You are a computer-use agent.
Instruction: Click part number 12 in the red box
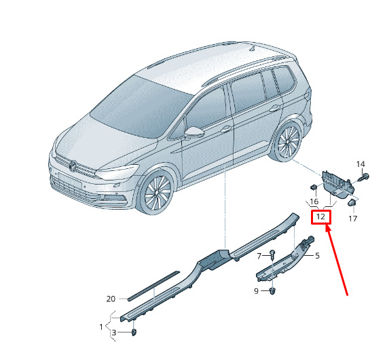pos(320,216)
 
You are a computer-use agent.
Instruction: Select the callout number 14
pos(361,164)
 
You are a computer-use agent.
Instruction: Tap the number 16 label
pos(314,202)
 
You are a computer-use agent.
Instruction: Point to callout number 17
pos(352,218)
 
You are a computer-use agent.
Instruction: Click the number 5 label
pos(317,256)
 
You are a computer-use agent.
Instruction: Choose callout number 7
pos(259,256)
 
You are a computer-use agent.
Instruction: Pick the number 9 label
pos(256,291)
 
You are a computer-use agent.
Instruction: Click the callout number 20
pos(111,299)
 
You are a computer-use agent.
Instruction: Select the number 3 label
pos(114,332)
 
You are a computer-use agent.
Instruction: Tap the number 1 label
pos(101,327)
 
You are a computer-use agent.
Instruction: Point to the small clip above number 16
pos(314,187)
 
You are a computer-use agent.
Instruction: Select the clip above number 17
pos(352,203)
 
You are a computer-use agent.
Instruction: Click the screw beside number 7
pos(272,254)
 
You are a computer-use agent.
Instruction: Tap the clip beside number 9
pos(272,290)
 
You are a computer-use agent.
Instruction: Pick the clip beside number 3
pos(134,332)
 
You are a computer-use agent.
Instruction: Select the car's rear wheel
pos(288,141)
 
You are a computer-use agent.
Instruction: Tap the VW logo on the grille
pos(73,166)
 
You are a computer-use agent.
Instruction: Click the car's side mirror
pos(194,132)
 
